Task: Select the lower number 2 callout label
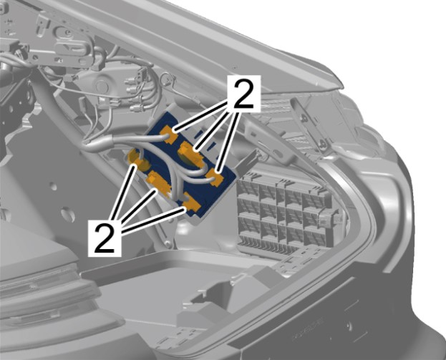click(105, 238)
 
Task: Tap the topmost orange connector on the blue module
click(169, 133)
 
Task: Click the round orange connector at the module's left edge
click(137, 159)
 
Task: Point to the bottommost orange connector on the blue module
click(191, 202)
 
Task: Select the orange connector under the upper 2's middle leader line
click(190, 154)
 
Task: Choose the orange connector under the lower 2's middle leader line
click(158, 183)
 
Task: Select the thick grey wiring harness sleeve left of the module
click(98, 142)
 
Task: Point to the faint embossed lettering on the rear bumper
click(308, 329)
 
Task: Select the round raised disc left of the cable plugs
click(101, 85)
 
